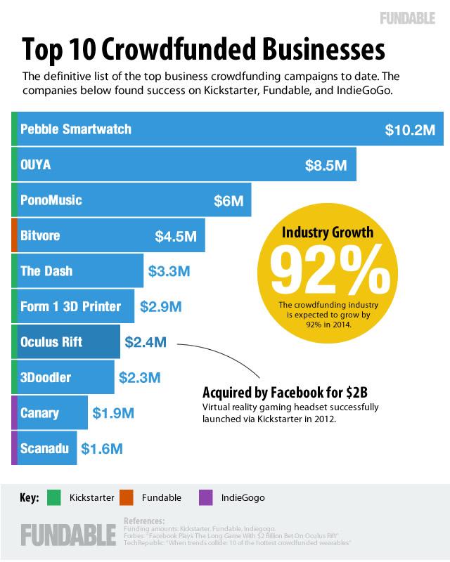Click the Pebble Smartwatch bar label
76,129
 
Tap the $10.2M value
409,130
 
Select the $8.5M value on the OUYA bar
325,165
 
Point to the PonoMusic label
51,200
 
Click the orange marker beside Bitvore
14,235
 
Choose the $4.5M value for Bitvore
176,236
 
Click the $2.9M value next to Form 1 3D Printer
161,307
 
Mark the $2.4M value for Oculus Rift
146,342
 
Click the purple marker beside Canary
14,412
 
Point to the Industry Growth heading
328,233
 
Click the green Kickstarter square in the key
53,497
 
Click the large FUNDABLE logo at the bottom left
67,533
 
